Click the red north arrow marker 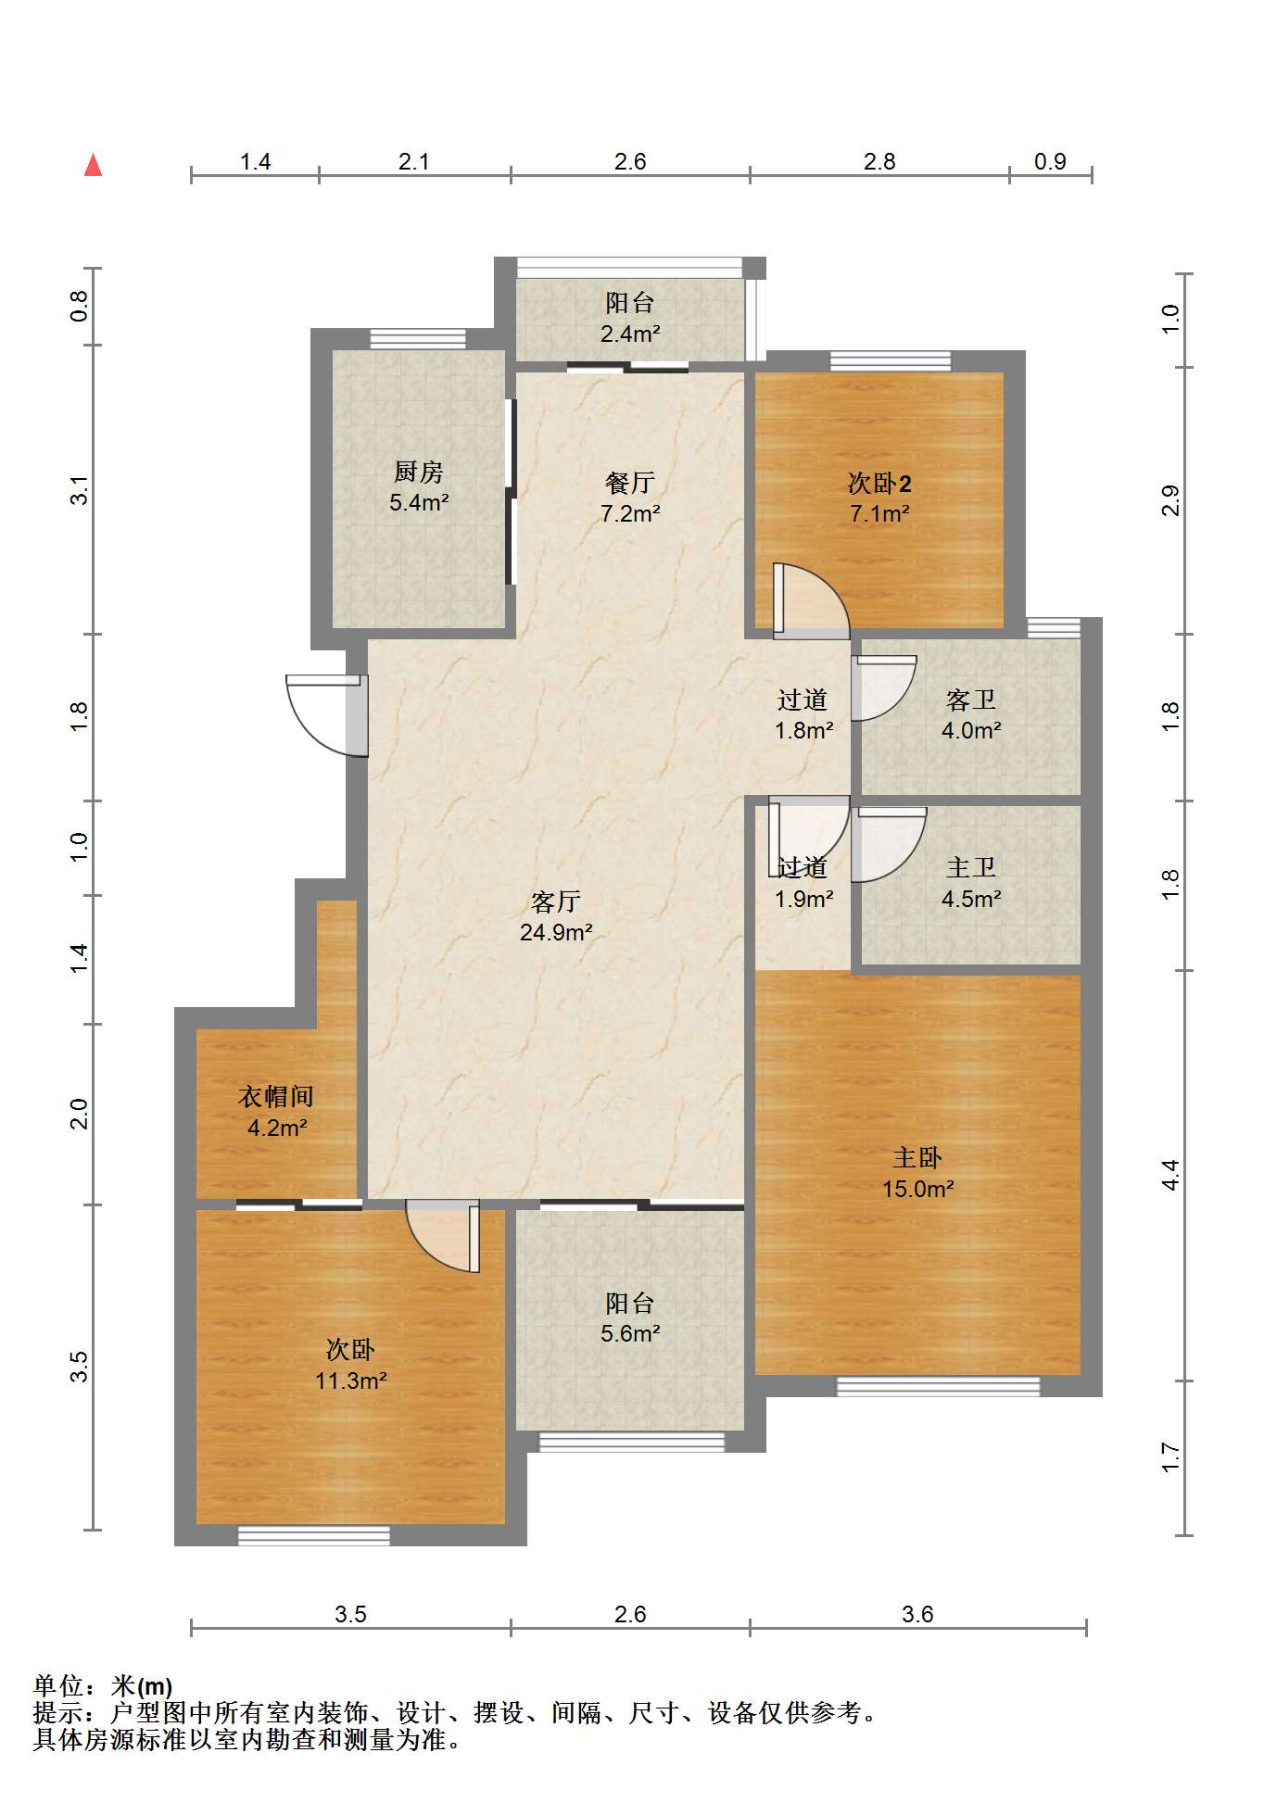point(93,165)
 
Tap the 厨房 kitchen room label point(419,472)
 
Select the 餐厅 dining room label point(630,482)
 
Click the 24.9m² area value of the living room point(556,932)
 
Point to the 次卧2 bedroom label point(879,483)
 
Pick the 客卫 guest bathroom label point(971,700)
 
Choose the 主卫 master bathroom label point(971,867)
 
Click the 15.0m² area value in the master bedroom point(917,1189)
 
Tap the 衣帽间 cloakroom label point(276,1097)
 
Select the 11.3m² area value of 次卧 point(350,1381)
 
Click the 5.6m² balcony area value point(630,1333)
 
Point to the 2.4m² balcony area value point(630,334)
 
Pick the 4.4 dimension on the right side point(1171,1175)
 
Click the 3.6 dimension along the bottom point(917,1614)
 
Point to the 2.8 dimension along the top point(879,162)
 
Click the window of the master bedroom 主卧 point(938,1386)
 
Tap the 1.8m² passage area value point(804,730)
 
